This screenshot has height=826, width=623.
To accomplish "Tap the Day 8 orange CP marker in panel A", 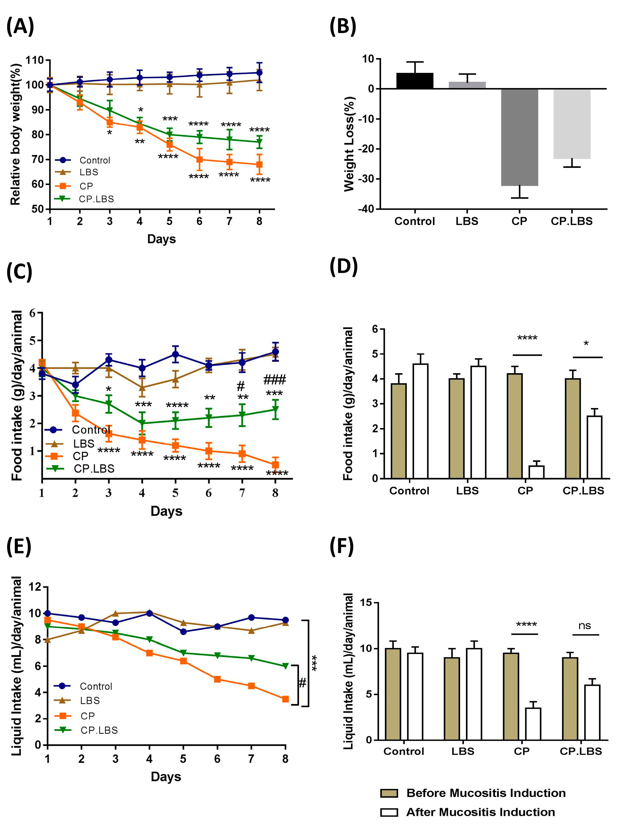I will click(259, 164).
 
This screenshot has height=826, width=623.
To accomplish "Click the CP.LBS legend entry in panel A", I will click(96, 199).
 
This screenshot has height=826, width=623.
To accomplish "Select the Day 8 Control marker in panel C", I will click(275, 351).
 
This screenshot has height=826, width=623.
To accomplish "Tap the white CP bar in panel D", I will click(536, 472).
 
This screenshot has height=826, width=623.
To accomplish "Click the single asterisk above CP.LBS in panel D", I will click(586, 343).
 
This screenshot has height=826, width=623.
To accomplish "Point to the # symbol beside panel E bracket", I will click(302, 683).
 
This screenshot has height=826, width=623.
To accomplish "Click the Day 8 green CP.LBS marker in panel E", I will click(285, 666).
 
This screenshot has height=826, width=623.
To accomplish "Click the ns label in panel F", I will click(585, 626).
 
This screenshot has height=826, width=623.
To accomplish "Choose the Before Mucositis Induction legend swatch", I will click(389, 793).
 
